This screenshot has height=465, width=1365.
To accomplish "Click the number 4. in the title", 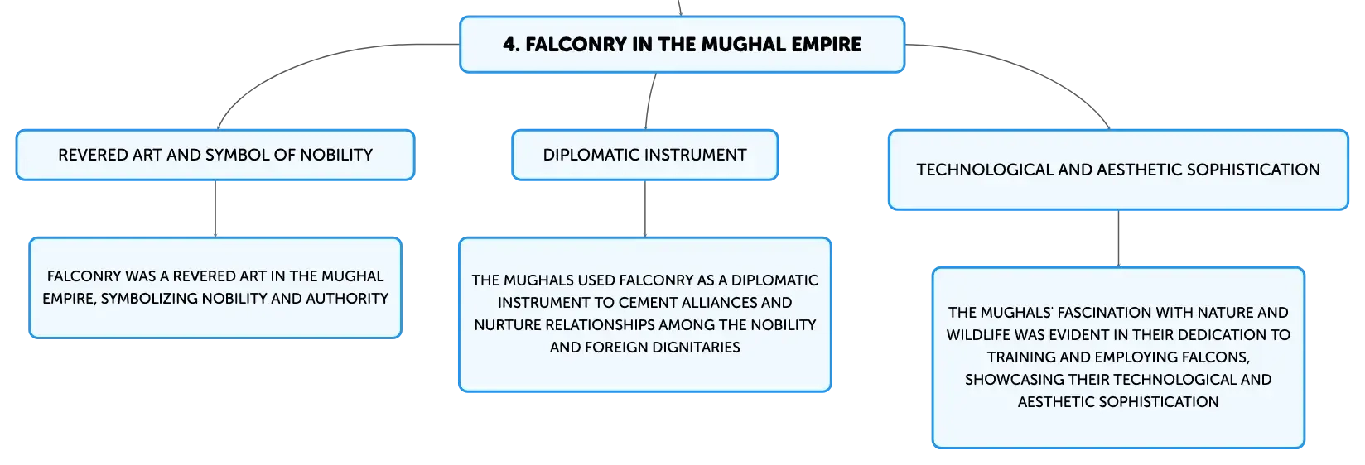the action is (x=511, y=45).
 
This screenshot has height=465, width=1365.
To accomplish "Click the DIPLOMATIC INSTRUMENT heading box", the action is (x=644, y=155).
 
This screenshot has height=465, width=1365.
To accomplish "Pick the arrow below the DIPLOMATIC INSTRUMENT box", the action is (x=644, y=209).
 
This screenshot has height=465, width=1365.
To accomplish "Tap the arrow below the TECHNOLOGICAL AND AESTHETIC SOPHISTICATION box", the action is (x=1118, y=238).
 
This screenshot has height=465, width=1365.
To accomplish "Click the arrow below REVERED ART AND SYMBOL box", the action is (x=215, y=209).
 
